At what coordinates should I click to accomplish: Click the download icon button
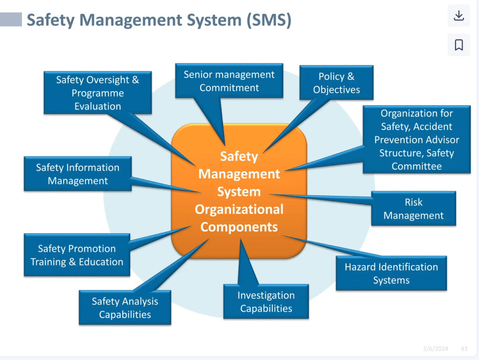[x=458, y=15]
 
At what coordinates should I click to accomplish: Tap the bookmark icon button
[x=458, y=45]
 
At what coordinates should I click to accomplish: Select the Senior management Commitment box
[x=229, y=81]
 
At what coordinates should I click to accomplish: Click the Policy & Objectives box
[x=336, y=83]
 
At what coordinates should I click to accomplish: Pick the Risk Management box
[x=414, y=209]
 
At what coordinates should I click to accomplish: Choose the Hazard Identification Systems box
[x=391, y=274]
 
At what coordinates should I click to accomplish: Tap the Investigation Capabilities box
[x=266, y=302]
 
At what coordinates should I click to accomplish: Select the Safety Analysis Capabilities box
[x=125, y=308]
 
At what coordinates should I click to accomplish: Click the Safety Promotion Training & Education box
[x=77, y=255]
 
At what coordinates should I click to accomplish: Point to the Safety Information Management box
[x=78, y=174]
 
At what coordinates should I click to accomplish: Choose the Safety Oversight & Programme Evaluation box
[x=97, y=93]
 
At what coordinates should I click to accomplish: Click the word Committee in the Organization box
[x=416, y=166]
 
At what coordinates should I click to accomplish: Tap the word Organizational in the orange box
[x=239, y=209]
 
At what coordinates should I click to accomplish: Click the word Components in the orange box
[x=239, y=227]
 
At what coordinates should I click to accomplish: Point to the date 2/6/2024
[x=435, y=349]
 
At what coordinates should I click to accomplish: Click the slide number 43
[x=464, y=349]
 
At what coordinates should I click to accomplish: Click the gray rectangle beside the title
[x=11, y=20]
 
